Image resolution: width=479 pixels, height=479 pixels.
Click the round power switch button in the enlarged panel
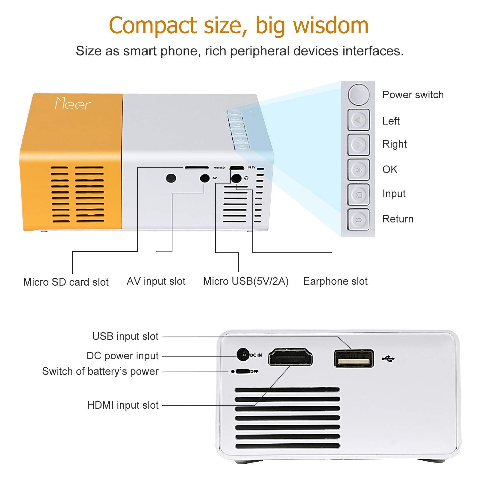358,95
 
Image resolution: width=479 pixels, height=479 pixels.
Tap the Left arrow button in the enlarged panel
358,120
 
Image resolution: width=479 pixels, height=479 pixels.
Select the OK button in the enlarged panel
358,170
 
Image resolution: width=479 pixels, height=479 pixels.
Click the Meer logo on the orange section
72,104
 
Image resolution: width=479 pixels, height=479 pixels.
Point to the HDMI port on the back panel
290,357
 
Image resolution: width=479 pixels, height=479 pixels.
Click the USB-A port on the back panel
354,358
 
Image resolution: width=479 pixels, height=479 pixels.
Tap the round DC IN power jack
243,355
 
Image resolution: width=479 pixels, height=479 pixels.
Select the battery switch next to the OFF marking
242,372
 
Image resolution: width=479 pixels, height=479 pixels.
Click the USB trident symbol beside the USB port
388,358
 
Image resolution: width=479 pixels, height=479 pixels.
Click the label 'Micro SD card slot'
66,282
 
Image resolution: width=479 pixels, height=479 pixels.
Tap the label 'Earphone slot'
335,281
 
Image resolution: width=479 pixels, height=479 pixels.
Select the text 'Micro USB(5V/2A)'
245,281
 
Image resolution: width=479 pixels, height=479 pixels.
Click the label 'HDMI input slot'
123,405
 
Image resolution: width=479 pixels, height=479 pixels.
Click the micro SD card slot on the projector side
197,168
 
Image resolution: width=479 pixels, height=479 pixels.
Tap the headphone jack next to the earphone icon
237,178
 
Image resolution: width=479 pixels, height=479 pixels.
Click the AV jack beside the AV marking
205,178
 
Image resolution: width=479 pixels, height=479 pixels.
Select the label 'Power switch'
413,95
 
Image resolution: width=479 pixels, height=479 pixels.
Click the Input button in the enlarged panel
358,195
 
